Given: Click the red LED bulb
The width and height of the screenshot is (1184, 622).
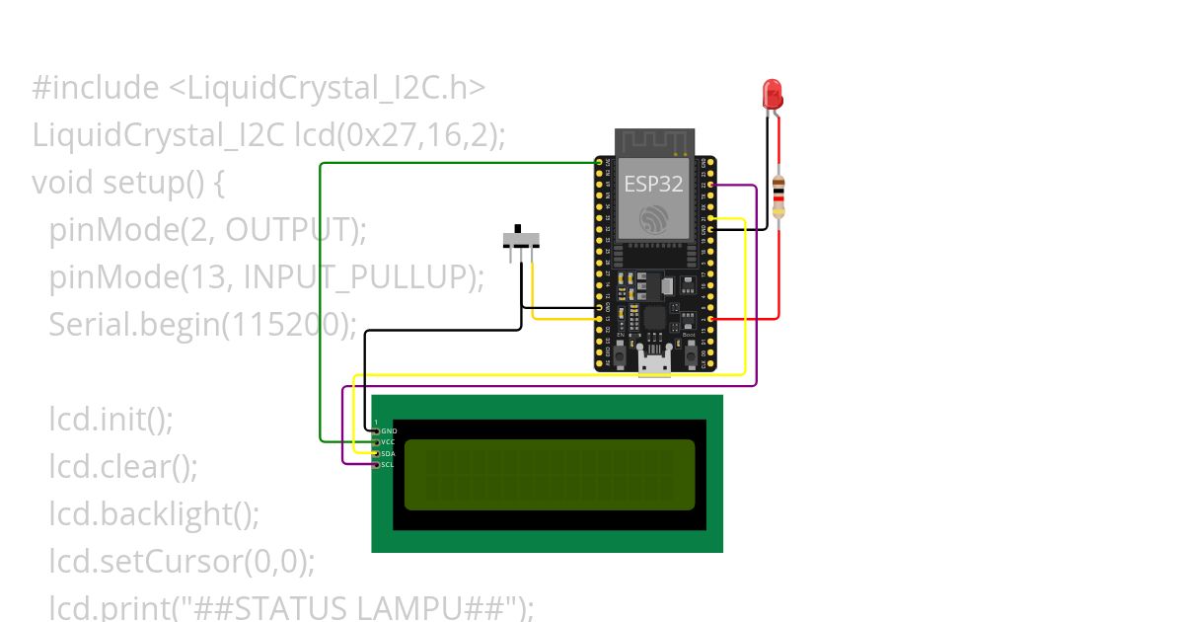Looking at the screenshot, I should [x=773, y=95].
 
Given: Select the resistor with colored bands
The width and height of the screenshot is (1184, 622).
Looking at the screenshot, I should [x=778, y=197].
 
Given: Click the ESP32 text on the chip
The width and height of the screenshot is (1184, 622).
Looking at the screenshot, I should [x=653, y=183].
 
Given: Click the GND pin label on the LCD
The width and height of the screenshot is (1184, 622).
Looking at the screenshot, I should [x=388, y=431].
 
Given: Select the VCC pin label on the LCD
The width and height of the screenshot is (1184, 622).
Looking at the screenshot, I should [x=388, y=442].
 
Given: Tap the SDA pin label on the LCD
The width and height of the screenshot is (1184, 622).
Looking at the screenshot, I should [x=388, y=453].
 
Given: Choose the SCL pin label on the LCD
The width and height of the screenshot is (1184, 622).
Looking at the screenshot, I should [x=388, y=464].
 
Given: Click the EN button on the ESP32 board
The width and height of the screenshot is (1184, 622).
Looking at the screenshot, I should [x=622, y=350].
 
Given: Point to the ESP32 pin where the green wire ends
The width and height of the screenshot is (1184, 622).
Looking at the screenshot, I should [x=598, y=161].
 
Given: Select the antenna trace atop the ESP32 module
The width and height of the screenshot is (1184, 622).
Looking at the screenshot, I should [x=653, y=142].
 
